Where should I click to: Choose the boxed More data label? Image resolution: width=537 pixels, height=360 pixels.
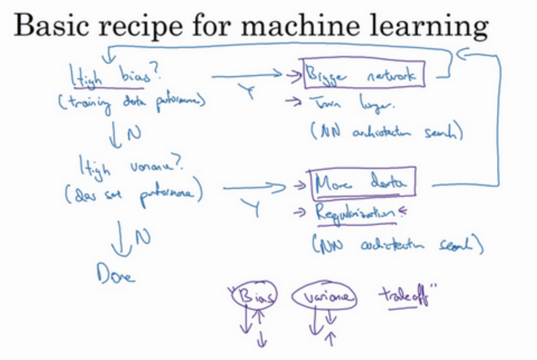[x=363, y=183]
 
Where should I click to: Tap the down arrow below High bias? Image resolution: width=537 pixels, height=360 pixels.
[x=116, y=135]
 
